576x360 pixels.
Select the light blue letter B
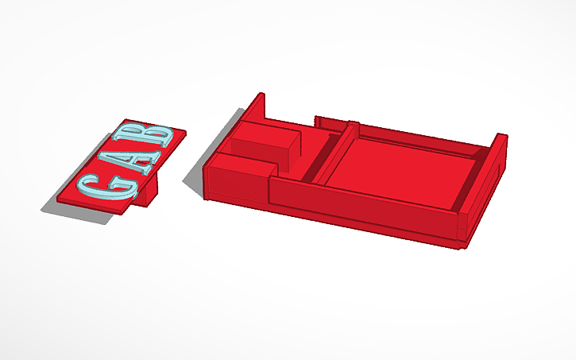[x=159, y=135]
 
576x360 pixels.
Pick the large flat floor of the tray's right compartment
[x=401, y=167]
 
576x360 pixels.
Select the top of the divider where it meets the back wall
[x=353, y=124]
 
